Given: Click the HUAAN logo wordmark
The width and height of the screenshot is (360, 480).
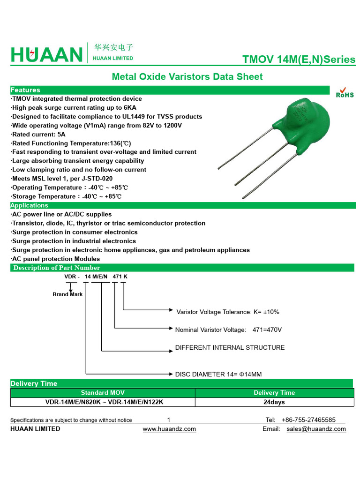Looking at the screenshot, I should pos(46,55).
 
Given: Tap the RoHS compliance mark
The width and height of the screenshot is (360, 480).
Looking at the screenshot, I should pos(345,92).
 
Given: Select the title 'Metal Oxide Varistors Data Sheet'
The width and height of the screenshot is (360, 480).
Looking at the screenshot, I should pos(187,76).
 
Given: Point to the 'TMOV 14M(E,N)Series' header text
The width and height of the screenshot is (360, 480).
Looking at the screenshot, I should pos(299,60).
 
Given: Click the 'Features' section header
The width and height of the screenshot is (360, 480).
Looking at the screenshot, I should pos(25,90).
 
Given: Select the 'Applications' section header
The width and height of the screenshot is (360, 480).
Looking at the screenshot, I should pos(29,205).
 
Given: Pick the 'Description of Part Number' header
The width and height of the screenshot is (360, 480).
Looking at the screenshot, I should pos(57,268).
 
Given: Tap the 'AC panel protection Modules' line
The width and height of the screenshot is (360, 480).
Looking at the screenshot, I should pos(55,259).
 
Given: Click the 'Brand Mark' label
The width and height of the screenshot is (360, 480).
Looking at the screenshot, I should pos(67,294).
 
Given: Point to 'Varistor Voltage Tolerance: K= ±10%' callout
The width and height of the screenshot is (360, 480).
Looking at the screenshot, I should pos(228,312).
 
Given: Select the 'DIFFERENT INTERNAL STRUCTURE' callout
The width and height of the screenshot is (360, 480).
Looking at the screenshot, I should pos(230,347).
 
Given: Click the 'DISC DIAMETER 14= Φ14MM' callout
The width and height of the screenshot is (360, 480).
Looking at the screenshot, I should pos(218,374).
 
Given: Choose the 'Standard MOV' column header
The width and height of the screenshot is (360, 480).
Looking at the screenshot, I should pos(103,393).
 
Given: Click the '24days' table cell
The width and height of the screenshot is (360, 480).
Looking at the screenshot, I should pos(274,402).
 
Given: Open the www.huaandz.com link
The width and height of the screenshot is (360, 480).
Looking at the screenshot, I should pos(169,429).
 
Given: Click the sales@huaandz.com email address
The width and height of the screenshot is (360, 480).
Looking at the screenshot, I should pos(316,429).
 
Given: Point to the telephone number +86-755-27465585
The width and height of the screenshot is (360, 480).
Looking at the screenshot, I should pos(308,420).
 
